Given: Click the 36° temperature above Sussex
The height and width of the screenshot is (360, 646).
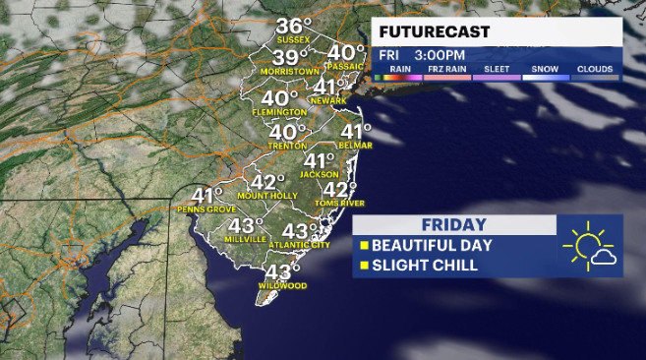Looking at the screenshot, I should (293, 26).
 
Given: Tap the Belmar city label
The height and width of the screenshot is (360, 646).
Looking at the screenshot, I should (355, 146).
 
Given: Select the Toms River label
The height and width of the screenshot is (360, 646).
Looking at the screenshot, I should (340, 203).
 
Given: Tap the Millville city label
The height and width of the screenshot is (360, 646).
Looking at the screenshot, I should (247, 239).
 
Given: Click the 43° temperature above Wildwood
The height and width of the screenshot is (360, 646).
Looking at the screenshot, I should (283, 271).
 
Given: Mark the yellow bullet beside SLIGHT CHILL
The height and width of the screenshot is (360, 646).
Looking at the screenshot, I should (363, 266).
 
